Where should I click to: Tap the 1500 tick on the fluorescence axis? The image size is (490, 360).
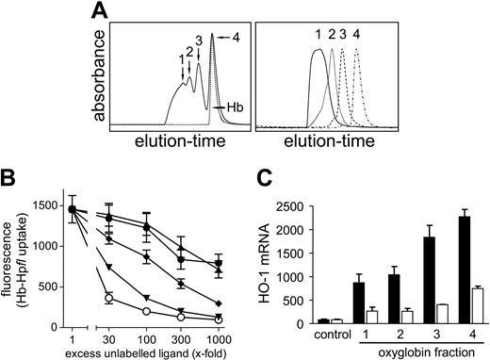tap(49, 205)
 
